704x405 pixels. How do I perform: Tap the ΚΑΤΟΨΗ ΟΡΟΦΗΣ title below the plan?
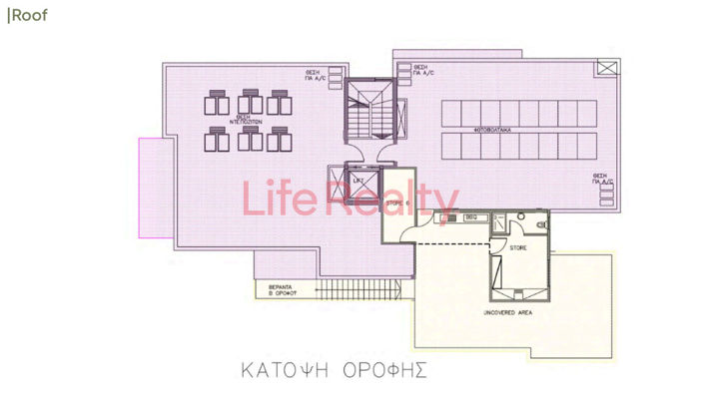[x=334, y=370]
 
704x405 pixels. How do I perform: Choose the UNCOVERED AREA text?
[x=507, y=312]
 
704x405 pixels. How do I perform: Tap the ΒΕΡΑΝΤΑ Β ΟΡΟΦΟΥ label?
[x=286, y=291]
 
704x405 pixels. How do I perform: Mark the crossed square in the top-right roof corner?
[x=607, y=68]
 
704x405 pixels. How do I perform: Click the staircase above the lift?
[x=363, y=120]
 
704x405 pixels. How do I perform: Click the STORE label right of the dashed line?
[x=518, y=247]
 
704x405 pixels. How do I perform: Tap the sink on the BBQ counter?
[x=447, y=216]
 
